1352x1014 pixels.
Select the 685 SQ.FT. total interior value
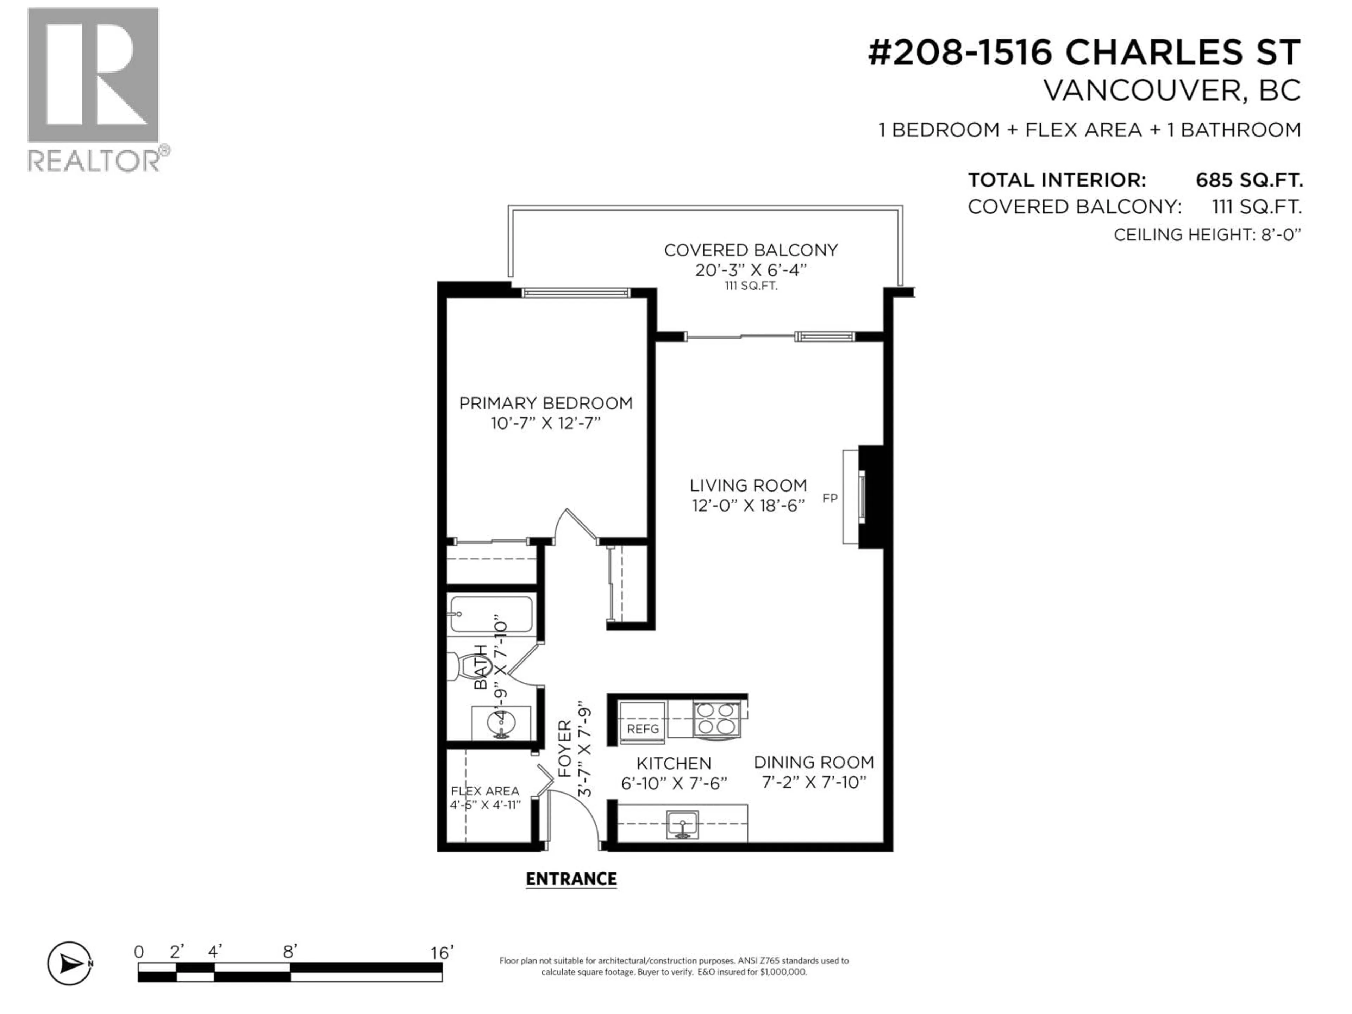click(1249, 180)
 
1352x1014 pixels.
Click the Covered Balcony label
click(751, 250)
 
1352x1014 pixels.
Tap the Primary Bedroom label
click(545, 403)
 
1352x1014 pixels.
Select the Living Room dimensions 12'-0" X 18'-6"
click(748, 506)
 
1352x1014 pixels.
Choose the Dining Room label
click(814, 762)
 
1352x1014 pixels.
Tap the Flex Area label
click(485, 791)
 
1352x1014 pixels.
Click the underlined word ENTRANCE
click(571, 879)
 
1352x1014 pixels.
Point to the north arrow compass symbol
click(70, 964)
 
